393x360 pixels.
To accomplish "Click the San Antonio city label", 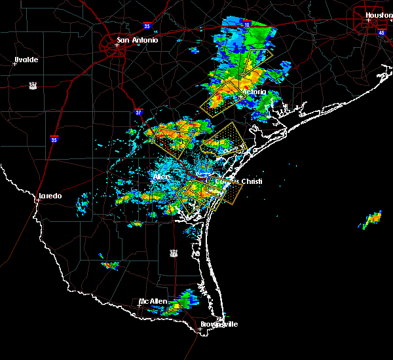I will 137,40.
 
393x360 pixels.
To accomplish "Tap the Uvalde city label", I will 26,60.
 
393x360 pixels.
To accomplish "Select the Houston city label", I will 378,14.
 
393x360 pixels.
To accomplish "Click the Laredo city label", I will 50,196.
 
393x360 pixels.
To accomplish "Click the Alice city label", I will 161,177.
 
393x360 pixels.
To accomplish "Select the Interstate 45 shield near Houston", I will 382,31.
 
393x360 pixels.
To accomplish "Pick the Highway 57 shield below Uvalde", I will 32,85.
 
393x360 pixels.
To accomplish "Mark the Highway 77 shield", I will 174,252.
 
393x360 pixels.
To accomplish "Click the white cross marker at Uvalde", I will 14,63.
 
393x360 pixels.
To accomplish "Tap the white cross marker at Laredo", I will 38,200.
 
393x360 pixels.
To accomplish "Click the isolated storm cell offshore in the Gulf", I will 371,219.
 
